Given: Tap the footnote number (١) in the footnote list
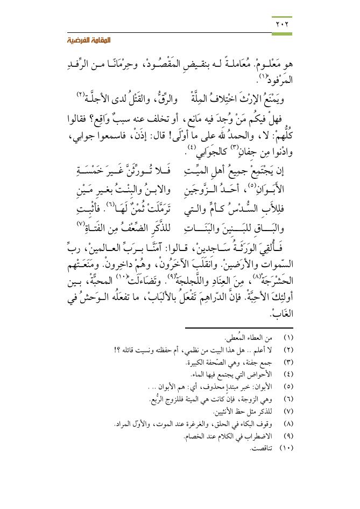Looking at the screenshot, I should (287, 338).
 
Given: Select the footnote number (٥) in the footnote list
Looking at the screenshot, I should (287, 387).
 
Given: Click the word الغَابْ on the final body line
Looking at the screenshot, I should (282, 313).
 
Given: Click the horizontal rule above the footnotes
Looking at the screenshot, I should (238, 327).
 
